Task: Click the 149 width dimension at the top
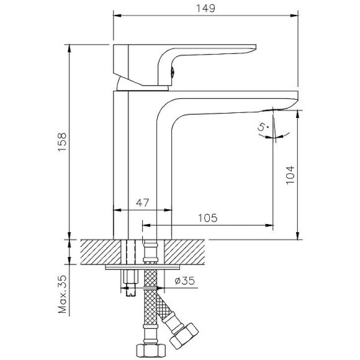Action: coord(205,9)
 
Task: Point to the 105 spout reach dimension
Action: coord(208,217)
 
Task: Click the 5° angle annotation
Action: coord(263,128)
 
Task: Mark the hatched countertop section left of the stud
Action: coord(99,251)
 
